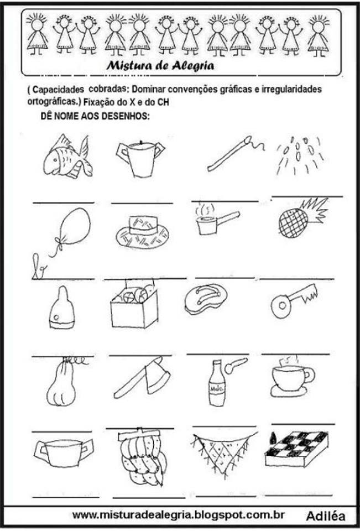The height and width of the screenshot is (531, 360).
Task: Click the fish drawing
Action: [67, 157]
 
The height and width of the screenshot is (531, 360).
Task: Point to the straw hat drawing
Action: [142, 232]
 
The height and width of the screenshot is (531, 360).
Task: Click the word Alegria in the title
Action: [192, 65]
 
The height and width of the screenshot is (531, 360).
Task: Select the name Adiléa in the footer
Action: [326, 516]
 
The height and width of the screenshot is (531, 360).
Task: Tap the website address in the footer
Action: [178, 515]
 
